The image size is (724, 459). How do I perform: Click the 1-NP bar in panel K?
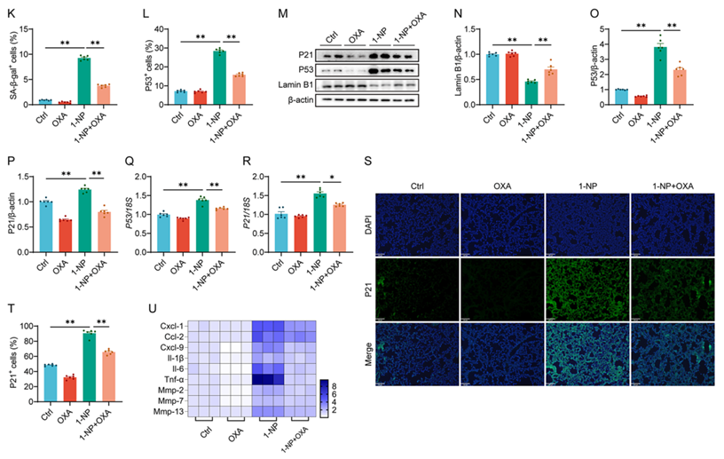(83, 81)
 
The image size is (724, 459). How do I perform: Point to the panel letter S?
(368, 162)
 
